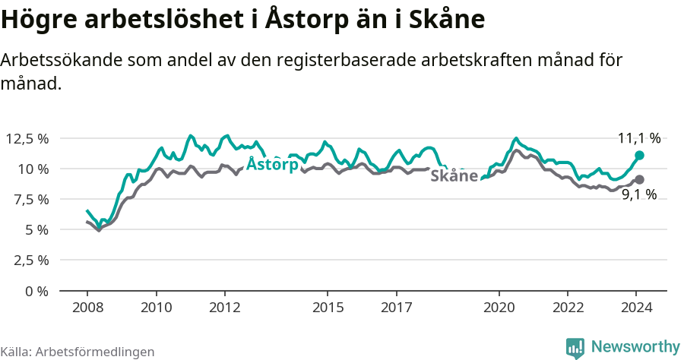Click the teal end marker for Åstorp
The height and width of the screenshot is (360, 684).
click(639, 155)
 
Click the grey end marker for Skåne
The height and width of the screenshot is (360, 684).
click(639, 179)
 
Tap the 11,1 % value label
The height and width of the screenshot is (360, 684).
click(638, 138)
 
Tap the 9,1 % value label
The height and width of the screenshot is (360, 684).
click(638, 195)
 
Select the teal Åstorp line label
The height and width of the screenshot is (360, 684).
click(272, 165)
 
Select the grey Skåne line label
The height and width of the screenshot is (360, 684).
click(454, 176)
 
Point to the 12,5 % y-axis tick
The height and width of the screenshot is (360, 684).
click(27, 138)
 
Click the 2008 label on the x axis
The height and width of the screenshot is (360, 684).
click(87, 308)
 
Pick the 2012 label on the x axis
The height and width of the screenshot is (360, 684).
click(225, 308)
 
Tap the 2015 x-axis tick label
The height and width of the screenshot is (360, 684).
click(328, 308)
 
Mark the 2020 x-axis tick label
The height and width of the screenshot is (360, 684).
click(499, 308)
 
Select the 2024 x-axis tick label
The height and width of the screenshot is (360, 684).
click(637, 308)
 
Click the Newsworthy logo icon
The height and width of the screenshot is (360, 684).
click(575, 347)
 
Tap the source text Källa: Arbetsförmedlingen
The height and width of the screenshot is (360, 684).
click(78, 352)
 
